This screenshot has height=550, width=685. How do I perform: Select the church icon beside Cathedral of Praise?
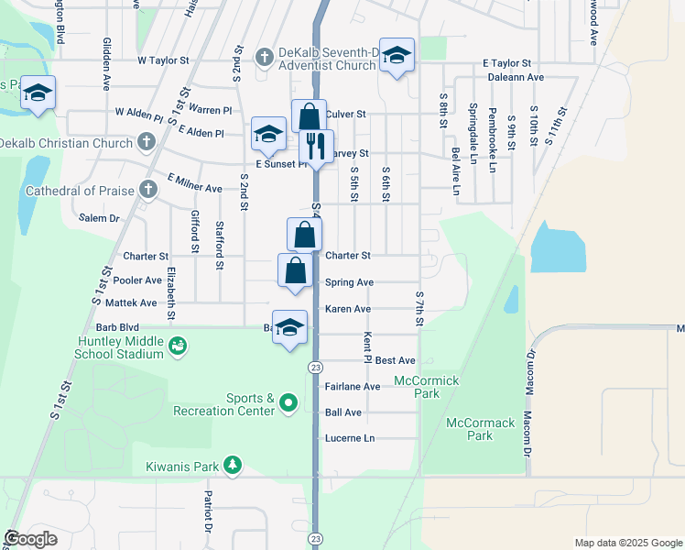click(x=148, y=190)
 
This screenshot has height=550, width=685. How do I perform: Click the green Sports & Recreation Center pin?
click(x=288, y=403)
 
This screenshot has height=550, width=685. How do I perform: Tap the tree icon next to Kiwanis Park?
click(x=234, y=466)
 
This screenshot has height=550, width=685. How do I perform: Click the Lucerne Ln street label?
click(x=350, y=439)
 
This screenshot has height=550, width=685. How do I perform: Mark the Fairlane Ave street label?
click(x=353, y=387)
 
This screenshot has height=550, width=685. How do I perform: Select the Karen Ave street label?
click(x=348, y=309)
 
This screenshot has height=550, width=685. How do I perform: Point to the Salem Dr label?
click(x=100, y=218)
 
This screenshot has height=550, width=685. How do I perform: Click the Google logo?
click(x=30, y=539)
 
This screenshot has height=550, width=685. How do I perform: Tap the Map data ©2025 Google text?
click(x=627, y=543)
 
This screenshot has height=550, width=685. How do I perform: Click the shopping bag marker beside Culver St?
click(x=310, y=116)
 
